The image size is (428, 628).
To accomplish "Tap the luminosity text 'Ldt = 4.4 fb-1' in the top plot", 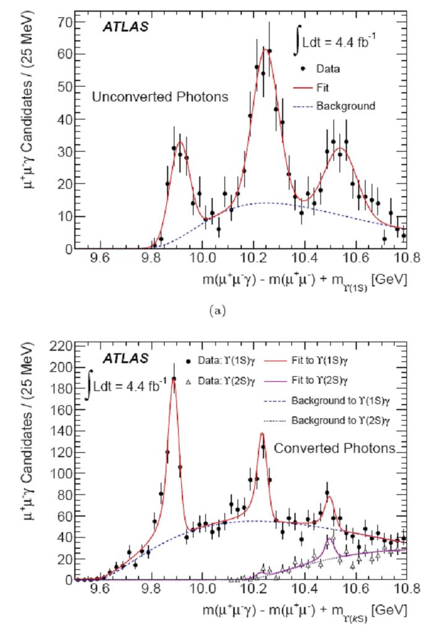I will pyautogui.click(x=345, y=42).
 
